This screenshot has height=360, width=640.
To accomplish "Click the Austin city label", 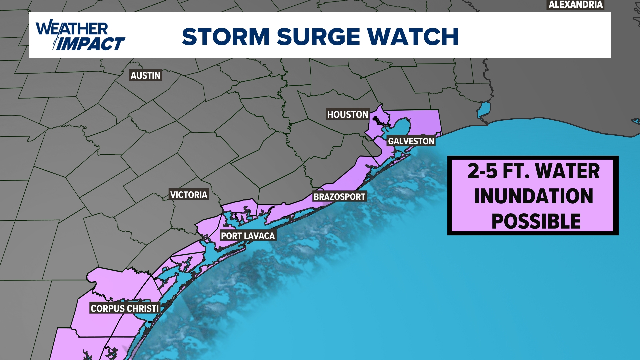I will [x=145, y=76].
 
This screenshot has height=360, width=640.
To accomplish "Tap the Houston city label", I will [x=347, y=114].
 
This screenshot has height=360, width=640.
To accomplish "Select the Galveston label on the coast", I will [x=411, y=141].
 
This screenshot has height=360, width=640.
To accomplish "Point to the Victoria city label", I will [x=189, y=195].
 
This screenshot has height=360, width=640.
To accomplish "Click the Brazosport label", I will [x=339, y=197].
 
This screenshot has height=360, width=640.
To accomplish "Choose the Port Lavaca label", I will [x=248, y=236].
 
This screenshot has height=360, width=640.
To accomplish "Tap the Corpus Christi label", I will [x=125, y=308].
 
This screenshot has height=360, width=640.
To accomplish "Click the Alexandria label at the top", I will [x=575, y=5].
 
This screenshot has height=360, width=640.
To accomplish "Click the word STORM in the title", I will [x=226, y=36].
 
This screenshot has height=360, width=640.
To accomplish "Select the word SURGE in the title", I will [x=318, y=36].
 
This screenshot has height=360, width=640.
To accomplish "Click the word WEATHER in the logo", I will [x=72, y=29].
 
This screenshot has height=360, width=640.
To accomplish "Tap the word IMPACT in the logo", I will [x=90, y=44].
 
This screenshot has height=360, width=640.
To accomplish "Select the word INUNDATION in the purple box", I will [x=533, y=196].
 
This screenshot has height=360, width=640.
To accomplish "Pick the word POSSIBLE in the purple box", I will [x=536, y=221].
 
